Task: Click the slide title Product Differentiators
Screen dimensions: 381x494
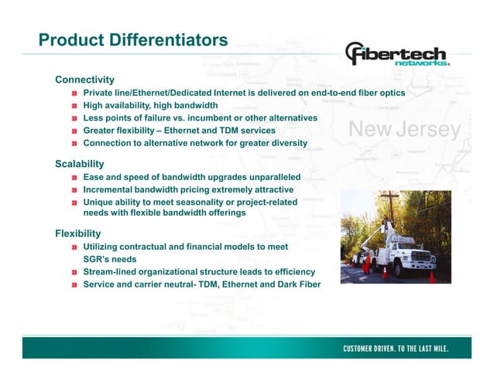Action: pyautogui.click(x=133, y=39)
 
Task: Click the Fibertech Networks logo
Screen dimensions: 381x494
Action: pyautogui.click(x=397, y=55)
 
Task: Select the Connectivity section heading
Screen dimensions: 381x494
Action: pyautogui.click(x=84, y=80)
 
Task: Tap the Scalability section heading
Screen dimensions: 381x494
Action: pyautogui.click(x=80, y=164)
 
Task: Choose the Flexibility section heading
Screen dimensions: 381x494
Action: pyautogui.click(x=78, y=233)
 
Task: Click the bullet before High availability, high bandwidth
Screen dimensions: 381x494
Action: pyautogui.click(x=74, y=105)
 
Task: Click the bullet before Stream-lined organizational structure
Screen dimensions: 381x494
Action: pyautogui.click(x=74, y=272)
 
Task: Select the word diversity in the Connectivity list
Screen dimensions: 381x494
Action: pyautogui.click(x=288, y=143)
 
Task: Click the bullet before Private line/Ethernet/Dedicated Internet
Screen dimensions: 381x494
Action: pyautogui.click(x=74, y=93)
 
